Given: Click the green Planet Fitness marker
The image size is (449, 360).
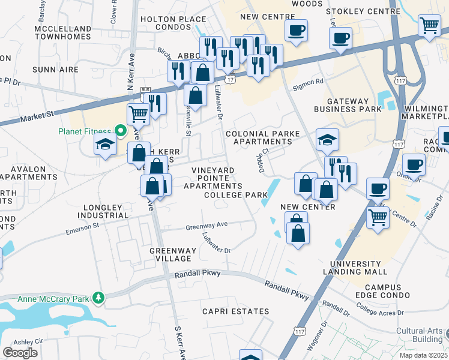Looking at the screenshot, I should [120, 131].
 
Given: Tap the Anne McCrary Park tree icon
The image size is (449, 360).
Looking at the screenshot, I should [97, 298].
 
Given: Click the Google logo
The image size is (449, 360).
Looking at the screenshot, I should [20, 353].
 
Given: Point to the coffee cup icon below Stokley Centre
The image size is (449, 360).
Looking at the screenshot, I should [340, 38].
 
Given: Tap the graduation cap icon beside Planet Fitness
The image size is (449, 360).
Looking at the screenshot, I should [105, 144].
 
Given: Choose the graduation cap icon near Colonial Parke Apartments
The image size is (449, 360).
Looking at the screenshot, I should [327, 140].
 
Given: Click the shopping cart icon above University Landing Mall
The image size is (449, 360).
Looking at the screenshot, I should [378, 216].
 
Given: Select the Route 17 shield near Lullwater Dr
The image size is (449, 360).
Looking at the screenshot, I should [230, 79].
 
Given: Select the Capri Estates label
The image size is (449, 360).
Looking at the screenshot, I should [235, 311].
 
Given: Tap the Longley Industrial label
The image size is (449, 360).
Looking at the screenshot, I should [106, 211].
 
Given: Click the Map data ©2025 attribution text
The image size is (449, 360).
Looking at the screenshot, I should [424, 355].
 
